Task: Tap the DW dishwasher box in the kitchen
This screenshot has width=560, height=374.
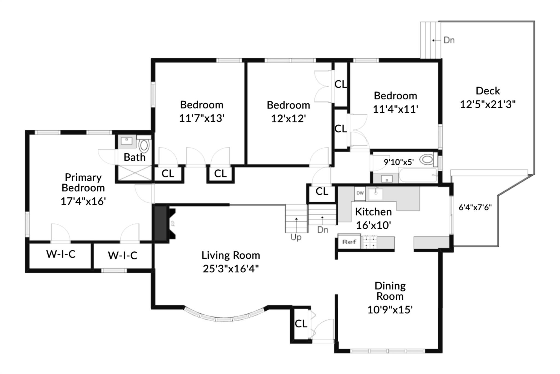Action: [360, 193]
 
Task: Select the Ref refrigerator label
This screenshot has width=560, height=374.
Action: [349, 242]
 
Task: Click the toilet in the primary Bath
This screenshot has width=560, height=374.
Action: [144, 146]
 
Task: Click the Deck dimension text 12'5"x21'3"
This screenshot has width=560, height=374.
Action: [488, 104]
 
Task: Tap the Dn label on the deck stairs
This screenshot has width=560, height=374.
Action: [449, 40]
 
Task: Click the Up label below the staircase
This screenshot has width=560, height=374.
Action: [296, 237]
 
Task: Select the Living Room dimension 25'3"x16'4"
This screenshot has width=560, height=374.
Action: [231, 269]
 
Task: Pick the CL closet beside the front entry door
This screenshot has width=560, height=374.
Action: [301, 324]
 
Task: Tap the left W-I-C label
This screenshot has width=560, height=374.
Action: [61, 254]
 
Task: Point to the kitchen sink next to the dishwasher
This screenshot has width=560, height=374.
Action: [375, 194]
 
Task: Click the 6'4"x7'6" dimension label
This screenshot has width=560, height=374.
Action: [475, 208]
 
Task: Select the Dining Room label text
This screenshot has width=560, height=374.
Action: [390, 291]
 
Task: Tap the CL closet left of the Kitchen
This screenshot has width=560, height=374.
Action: [322, 191]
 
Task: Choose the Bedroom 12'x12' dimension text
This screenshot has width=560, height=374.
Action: [288, 119]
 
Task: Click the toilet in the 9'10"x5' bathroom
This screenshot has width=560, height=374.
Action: [427, 159]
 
